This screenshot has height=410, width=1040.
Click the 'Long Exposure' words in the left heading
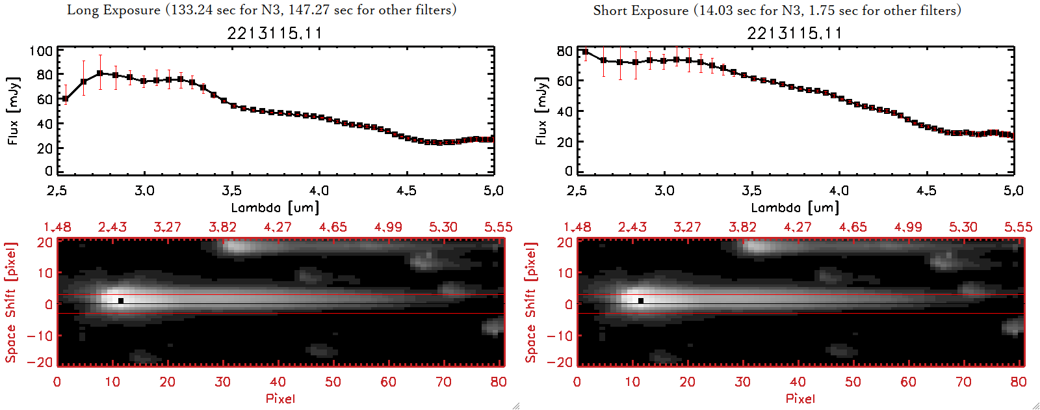(x=114, y=10)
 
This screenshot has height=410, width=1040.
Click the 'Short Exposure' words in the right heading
(x=640, y=10)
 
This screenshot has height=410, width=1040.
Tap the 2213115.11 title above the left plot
(x=274, y=33)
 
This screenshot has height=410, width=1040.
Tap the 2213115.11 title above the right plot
(x=794, y=33)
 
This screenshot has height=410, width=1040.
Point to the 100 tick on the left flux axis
(x=41, y=51)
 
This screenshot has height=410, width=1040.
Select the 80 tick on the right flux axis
(x=565, y=51)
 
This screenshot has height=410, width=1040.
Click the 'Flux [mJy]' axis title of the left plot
(x=14, y=111)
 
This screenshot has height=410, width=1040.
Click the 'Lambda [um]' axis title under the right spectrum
(x=795, y=208)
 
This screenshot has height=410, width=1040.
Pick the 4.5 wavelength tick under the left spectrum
(x=406, y=191)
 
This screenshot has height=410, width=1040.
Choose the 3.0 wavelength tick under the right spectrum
(x=664, y=191)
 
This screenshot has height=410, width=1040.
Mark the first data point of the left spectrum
(x=65, y=99)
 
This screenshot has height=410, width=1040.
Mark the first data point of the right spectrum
(x=586, y=52)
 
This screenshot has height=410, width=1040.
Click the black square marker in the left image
(x=121, y=301)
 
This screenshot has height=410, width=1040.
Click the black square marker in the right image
(x=641, y=301)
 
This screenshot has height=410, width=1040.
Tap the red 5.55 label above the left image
(x=498, y=227)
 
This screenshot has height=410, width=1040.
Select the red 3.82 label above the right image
(x=742, y=227)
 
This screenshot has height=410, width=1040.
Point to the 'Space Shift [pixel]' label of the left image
(x=10, y=303)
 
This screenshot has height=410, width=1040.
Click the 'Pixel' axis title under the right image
(x=800, y=398)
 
